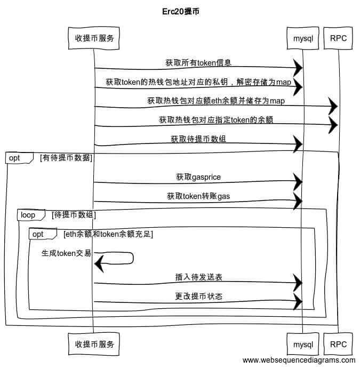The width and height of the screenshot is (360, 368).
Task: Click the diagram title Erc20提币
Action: tap(180, 11)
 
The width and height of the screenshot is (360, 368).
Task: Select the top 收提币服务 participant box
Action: tap(94, 37)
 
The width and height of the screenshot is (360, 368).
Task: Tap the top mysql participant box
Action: tap(302, 38)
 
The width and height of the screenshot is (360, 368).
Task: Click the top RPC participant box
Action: tap(338, 38)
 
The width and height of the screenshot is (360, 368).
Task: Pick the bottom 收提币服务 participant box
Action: tap(94, 344)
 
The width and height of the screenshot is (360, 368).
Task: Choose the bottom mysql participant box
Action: tap(302, 344)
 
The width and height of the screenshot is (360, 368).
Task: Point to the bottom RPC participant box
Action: tap(338, 344)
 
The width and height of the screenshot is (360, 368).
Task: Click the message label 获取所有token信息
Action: tap(198, 63)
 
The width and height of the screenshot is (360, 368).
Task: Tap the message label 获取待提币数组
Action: tap(198, 139)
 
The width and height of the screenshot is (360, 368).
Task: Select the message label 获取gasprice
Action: tap(198, 177)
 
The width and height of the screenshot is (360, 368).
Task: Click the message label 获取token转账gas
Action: tap(198, 196)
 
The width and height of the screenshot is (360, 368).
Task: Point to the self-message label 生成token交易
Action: tap(67, 253)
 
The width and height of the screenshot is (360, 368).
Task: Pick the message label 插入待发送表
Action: tap(198, 277)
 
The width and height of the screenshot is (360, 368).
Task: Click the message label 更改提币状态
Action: tap(198, 297)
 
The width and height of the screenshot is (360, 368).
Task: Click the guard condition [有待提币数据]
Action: tap(66, 158)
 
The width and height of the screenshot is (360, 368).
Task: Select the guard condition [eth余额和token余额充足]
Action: tap(108, 234)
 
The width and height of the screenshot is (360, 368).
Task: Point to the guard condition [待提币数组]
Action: tap(74, 215)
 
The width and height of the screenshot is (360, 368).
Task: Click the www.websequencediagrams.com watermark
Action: tap(298, 361)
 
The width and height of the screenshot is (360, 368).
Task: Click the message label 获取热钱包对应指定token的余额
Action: tap(216, 120)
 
